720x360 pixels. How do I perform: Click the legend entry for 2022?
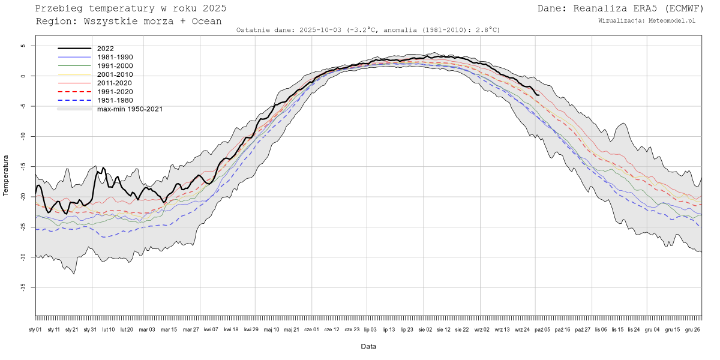(x=106, y=49)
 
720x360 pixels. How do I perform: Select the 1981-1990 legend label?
(x=115, y=57)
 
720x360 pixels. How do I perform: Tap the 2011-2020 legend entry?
(x=115, y=83)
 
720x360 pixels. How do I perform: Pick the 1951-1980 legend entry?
(x=115, y=100)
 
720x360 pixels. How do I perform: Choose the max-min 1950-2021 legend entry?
(x=130, y=109)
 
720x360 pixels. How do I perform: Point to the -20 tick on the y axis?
(x=23, y=197)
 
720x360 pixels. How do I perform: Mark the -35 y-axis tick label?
(x=23, y=287)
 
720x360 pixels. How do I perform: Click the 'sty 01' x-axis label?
(x=35, y=329)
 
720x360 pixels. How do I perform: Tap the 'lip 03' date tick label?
(x=370, y=329)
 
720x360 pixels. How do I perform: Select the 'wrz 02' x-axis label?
(x=482, y=329)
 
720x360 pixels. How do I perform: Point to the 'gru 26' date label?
(x=693, y=329)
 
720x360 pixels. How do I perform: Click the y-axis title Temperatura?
(x=6, y=175)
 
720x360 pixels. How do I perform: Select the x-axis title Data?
(x=368, y=347)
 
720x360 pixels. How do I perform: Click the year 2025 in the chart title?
(x=214, y=8)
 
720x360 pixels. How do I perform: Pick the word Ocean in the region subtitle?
(x=207, y=21)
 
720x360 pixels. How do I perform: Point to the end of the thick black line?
(x=539, y=95)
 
